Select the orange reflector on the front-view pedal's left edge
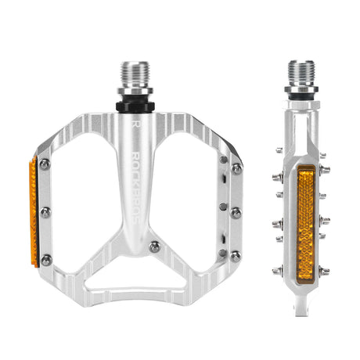click(x=32, y=211)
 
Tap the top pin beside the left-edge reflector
click(x=46, y=164)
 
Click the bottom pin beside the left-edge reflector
click(x=46, y=258)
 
